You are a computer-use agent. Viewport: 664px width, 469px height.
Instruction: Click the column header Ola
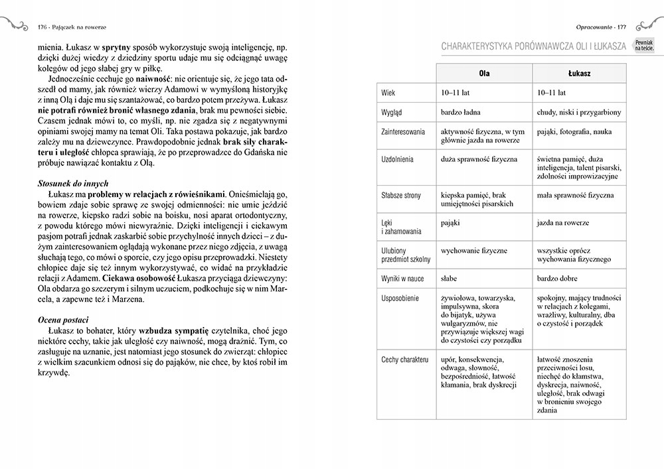pyautogui.click(x=484, y=73)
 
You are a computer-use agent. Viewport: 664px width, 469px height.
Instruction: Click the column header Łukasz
pyautogui.click(x=580, y=73)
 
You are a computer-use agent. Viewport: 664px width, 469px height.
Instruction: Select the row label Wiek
pyautogui.click(x=389, y=93)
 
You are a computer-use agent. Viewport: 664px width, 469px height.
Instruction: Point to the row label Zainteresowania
pyautogui.click(x=403, y=132)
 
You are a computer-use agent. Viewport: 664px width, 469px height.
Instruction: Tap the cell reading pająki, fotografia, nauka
pyautogui.click(x=574, y=132)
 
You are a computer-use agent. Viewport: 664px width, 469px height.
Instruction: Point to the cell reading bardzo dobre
pyautogui.click(x=557, y=279)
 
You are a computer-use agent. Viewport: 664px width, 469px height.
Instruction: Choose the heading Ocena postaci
pyautogui.click(x=74, y=320)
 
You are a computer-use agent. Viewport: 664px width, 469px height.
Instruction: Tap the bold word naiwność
pyautogui.click(x=155, y=78)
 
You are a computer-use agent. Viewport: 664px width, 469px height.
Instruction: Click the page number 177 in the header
pyautogui.click(x=622, y=27)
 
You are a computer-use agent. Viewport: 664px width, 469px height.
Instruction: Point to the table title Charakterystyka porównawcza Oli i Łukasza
pyautogui.click(x=535, y=46)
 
